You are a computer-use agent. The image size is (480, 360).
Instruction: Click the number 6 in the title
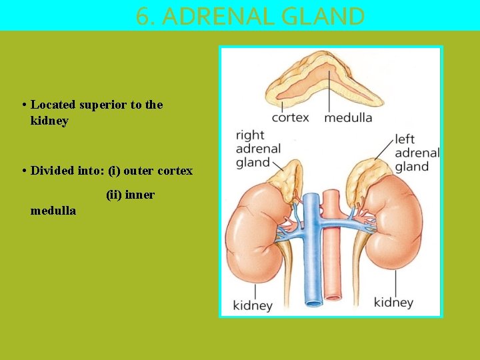tap(142, 15)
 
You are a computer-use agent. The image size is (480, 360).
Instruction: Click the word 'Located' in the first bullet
tap(53, 105)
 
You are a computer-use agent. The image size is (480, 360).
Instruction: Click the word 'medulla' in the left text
tap(53, 211)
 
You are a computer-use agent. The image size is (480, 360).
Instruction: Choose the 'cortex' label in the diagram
tap(290, 118)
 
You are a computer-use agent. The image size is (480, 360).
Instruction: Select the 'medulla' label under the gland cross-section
tap(348, 118)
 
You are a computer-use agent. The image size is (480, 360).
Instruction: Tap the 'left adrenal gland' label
tap(416, 153)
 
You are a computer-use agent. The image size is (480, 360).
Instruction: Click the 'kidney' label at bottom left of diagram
tap(252, 306)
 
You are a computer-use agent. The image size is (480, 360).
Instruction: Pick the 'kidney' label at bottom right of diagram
tap(393, 303)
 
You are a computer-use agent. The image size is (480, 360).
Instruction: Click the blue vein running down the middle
tap(311, 267)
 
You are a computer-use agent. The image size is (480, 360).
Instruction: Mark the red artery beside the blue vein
tap(331, 267)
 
